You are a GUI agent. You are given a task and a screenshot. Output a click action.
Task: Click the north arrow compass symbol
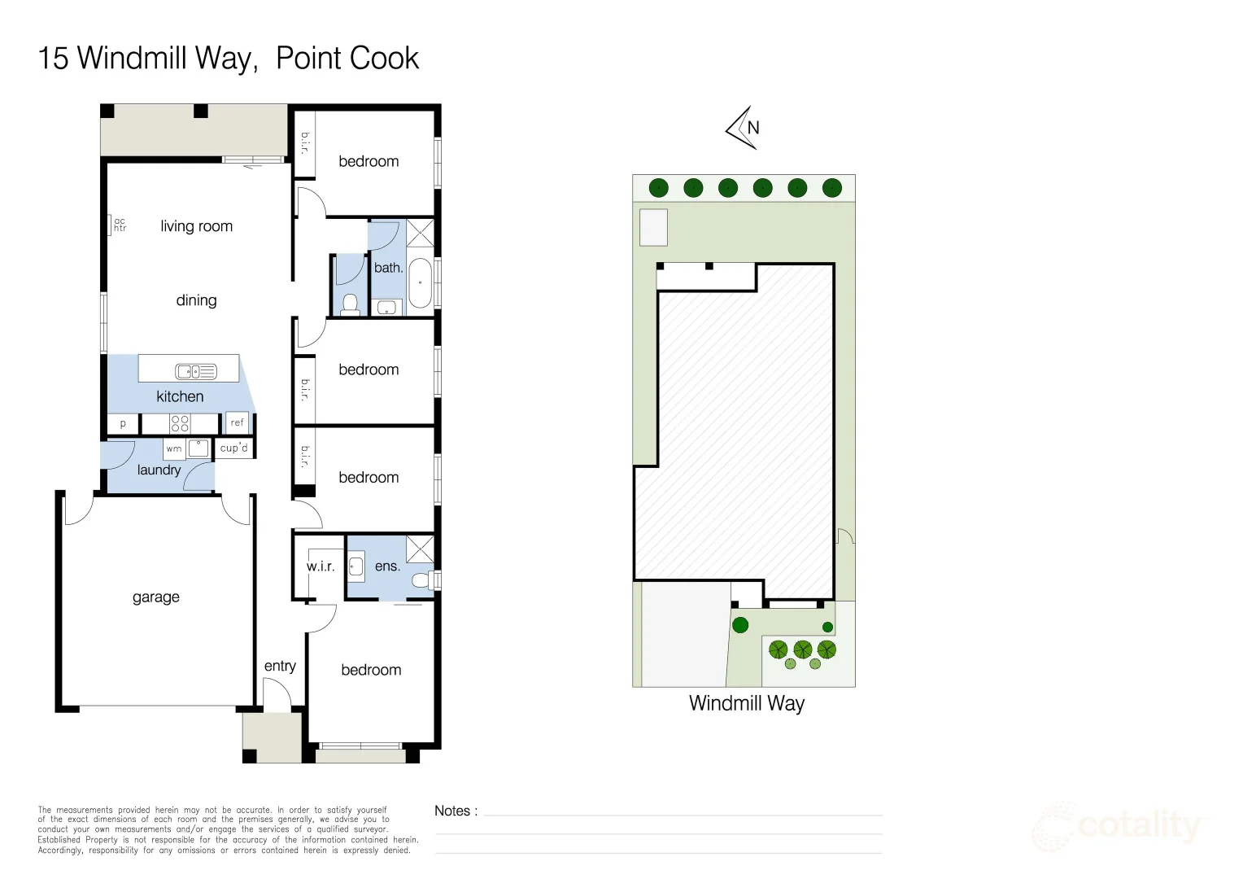(743, 128)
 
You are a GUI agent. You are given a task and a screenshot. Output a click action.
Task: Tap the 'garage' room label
(156, 597)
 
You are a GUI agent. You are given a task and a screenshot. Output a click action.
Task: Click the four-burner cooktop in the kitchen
(180, 423)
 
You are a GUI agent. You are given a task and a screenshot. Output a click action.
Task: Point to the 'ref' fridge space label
(237, 422)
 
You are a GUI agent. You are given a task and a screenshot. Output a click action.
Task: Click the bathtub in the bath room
(420, 282)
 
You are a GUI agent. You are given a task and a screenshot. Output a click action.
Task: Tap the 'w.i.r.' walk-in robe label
(321, 566)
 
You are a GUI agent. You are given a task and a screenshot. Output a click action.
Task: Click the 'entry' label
(280, 666)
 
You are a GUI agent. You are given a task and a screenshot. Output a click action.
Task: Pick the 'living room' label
(196, 226)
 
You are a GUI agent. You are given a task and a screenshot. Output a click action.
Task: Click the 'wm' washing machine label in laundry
(174, 448)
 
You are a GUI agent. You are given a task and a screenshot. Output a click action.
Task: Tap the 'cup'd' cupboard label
(234, 448)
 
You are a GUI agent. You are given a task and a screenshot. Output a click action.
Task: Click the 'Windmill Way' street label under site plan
(746, 703)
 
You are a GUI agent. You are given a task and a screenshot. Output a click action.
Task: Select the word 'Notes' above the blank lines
(452, 811)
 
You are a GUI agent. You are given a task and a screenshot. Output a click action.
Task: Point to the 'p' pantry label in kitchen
(123, 424)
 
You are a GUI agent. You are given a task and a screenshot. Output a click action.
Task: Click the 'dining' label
(196, 300)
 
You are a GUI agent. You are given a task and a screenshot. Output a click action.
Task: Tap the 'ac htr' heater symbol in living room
(119, 225)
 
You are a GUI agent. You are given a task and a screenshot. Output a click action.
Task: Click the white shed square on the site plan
(653, 227)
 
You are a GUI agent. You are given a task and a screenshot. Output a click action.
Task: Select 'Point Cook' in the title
(347, 59)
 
